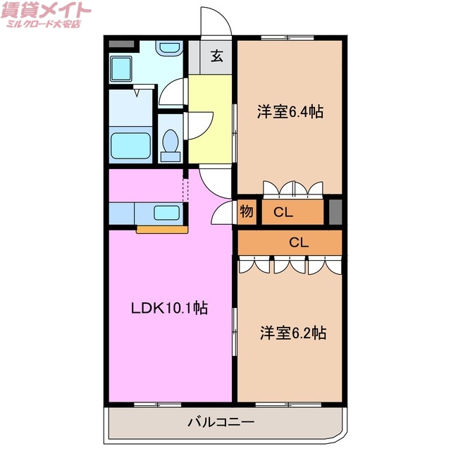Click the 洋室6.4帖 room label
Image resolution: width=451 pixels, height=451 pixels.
tap(290, 111)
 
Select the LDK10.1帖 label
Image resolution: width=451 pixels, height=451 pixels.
tap(169, 308)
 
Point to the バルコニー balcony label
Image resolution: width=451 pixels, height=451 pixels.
tap(221, 423)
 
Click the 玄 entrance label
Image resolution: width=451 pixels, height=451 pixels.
tap(218, 57)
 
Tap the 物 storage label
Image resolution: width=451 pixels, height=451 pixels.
tap(246, 211)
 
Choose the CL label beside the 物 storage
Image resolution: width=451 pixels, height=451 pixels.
tap(284, 211)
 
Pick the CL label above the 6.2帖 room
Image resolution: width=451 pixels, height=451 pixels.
tap(299, 242)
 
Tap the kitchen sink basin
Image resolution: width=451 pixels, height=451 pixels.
tap(166, 213)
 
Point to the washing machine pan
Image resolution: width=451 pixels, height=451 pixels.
tap(128, 68)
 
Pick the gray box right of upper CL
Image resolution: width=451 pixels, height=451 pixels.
tap(335, 211)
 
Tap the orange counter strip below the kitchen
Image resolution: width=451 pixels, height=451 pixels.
tap(162, 229)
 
